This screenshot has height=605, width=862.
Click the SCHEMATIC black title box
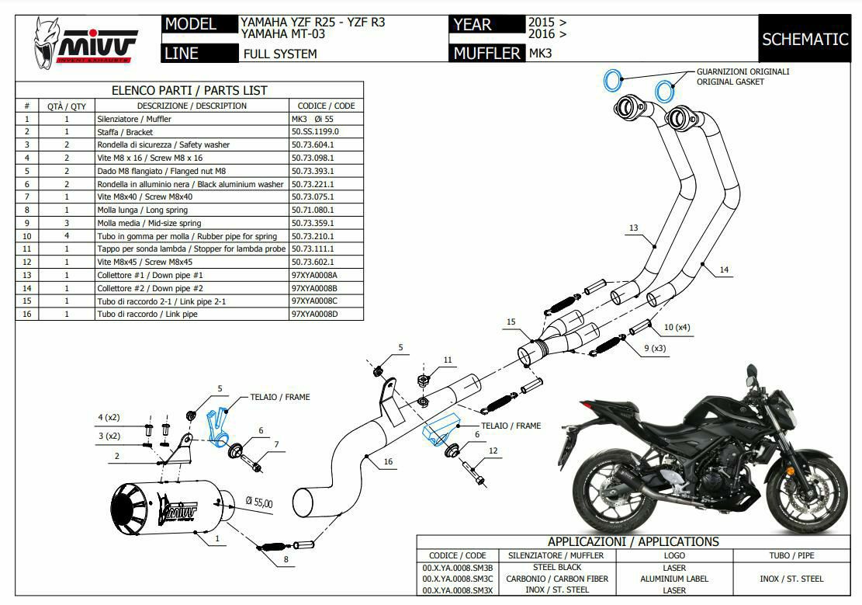[805, 39]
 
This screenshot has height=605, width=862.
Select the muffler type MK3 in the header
[540, 54]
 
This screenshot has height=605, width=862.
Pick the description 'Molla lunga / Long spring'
[142, 210]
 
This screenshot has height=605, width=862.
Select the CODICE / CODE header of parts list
[326, 106]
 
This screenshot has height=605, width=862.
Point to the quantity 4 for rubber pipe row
[67, 236]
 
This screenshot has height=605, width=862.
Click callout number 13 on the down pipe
[634, 228]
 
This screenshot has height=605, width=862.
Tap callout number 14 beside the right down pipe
[723, 270]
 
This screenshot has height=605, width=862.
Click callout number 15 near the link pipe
[511, 322]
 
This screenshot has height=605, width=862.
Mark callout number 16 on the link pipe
[388, 462]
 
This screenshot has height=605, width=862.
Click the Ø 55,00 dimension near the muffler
[258, 503]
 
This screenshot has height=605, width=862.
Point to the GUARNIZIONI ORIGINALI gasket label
[743, 71]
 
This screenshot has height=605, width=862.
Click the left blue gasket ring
[613, 78]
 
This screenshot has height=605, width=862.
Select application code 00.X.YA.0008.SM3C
[458, 579]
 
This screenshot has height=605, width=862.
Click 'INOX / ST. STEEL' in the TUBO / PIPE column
[791, 579]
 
